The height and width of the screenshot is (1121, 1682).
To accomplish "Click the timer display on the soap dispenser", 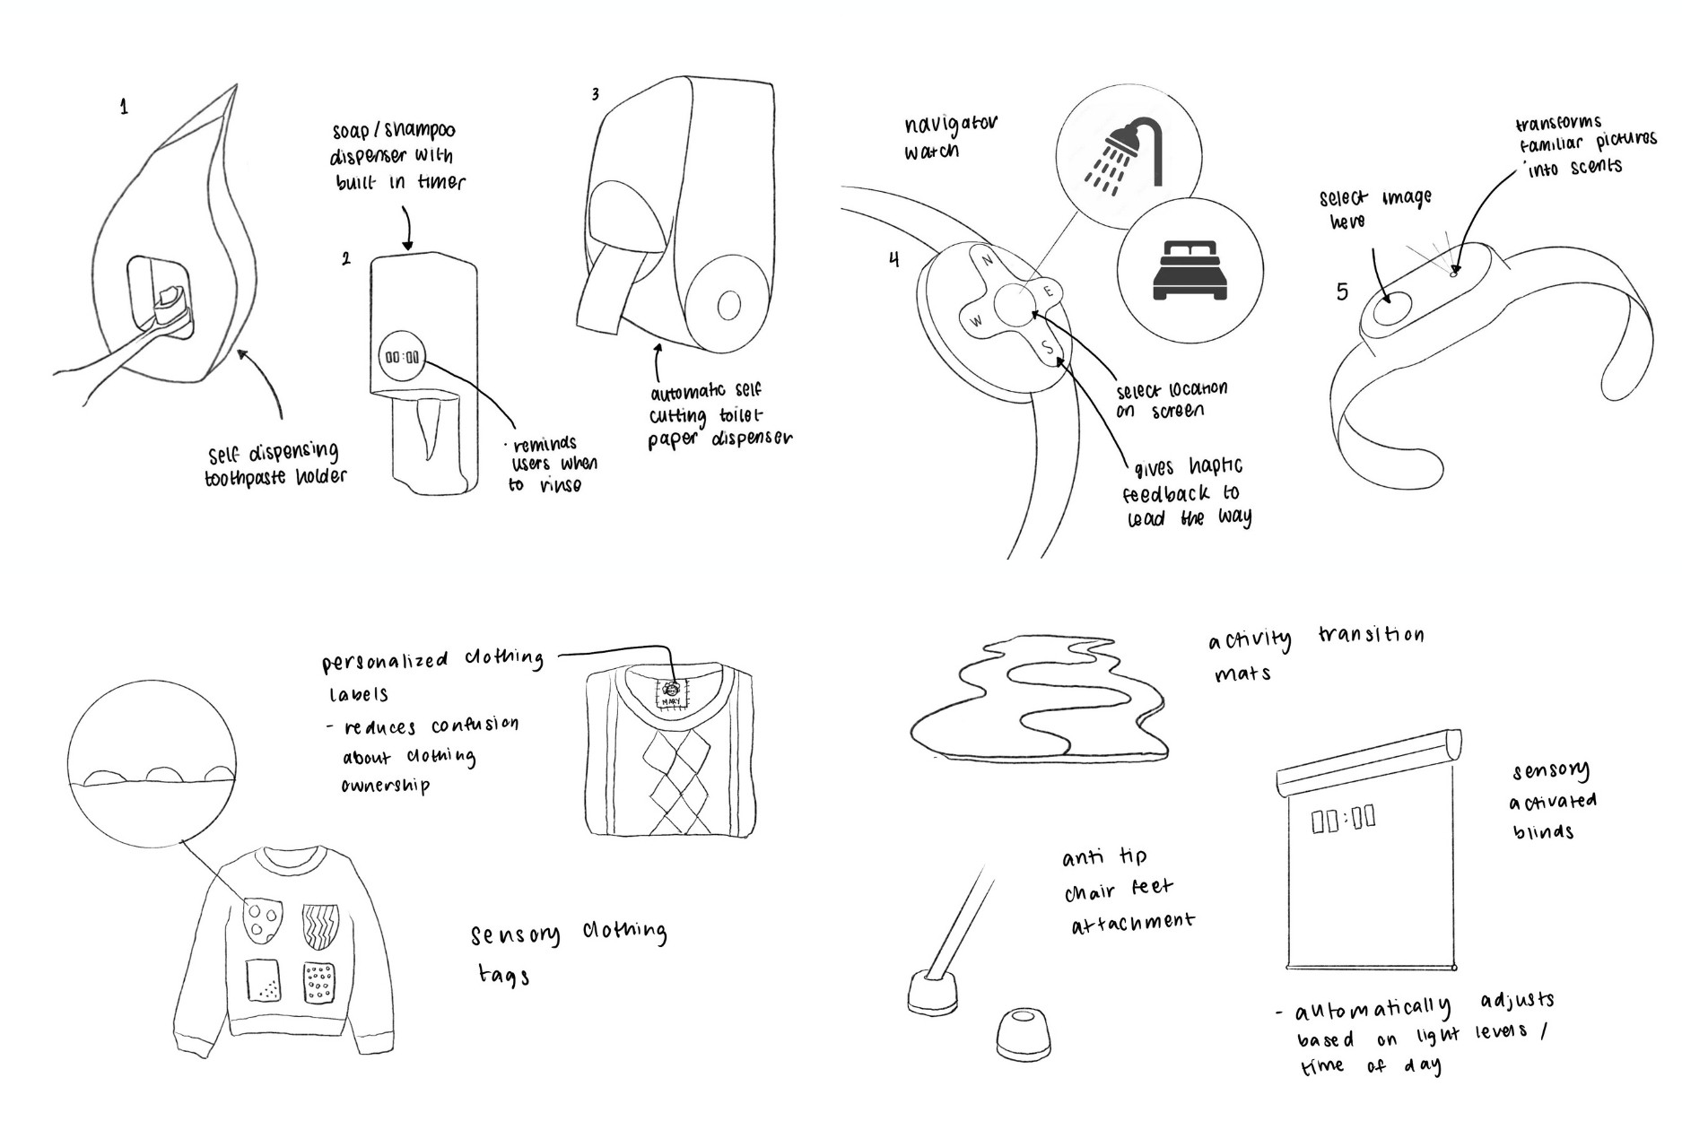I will tap(402, 357).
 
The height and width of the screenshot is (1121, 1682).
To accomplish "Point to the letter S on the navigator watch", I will tap(1047, 347).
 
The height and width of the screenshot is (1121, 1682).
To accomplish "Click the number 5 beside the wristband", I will tap(1342, 291).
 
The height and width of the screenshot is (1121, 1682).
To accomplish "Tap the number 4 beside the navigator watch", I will tap(893, 260).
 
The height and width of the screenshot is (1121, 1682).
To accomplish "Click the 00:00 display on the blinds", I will tap(1343, 819).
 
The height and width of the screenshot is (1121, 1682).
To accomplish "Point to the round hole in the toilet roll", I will tap(728, 306).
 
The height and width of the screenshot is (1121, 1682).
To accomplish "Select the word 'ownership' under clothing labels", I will tap(386, 786).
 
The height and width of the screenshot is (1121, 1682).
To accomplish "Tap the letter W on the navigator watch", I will tap(978, 320).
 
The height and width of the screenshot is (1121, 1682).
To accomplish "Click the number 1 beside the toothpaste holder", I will tap(124, 108).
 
